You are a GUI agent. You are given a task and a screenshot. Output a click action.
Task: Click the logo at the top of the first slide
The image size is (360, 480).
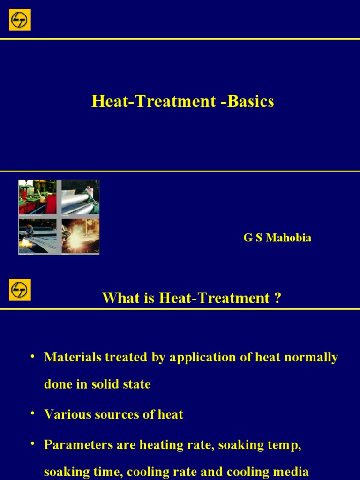point(20,19)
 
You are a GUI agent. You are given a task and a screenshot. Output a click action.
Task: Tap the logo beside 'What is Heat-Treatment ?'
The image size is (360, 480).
point(20,290)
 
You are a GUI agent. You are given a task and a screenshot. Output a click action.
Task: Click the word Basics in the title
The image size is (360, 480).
point(251,102)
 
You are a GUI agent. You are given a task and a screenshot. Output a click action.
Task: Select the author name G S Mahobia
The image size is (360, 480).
point(277,238)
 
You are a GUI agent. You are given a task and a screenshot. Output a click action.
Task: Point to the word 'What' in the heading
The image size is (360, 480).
point(117,298)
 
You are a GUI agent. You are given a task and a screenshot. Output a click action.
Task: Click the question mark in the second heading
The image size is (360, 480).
point(278,298)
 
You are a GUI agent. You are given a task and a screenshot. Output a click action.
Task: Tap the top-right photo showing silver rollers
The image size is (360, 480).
point(80,197)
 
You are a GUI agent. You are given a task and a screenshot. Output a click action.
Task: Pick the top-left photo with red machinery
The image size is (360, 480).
point(37,197)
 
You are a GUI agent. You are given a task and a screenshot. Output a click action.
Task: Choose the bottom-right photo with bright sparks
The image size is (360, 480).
point(80,236)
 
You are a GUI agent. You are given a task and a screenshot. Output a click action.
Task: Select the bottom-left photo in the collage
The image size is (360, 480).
point(37,236)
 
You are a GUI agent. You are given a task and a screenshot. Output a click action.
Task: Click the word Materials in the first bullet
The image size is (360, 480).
point(73,357)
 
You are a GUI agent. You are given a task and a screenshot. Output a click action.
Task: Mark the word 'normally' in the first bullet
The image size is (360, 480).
point(313,357)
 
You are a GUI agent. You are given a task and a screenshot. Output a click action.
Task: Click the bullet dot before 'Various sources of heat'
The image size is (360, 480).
point(32,413)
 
